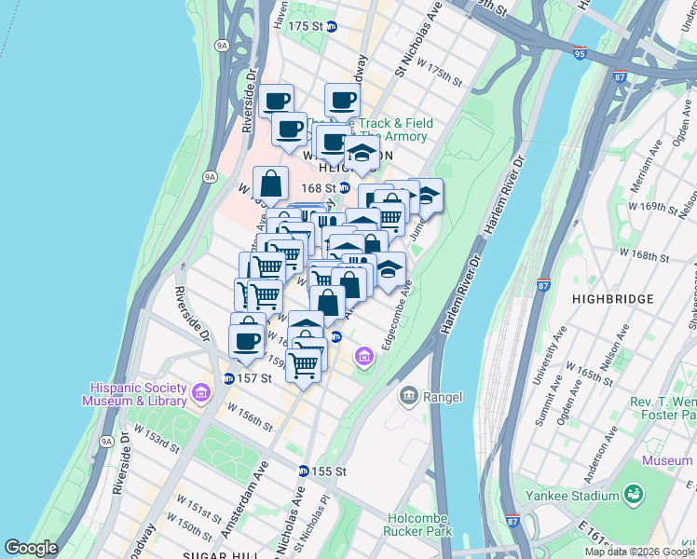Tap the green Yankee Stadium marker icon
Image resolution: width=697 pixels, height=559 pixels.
635,492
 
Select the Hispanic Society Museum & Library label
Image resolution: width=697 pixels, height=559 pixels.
140,394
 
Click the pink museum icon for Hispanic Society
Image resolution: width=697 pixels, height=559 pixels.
199,394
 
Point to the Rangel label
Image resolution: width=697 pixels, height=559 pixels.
443,397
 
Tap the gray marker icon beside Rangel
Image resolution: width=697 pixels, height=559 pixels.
408,397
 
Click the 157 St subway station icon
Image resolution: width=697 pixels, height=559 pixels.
228,378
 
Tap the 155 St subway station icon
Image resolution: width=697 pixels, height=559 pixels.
303,471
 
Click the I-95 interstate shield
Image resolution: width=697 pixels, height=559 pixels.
581,54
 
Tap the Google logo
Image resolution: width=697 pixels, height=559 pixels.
31,548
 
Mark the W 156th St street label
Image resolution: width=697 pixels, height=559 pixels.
253,421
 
